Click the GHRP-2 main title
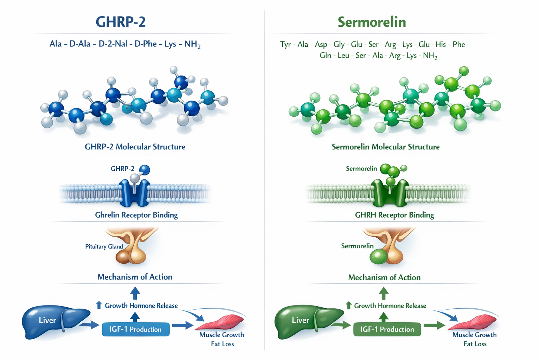click(121, 22)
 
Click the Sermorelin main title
click(372, 22)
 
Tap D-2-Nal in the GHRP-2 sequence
click(113, 44)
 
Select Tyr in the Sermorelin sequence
click(285, 44)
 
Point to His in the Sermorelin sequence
click(441, 44)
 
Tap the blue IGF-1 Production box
click(136, 329)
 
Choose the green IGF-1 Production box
click(387, 329)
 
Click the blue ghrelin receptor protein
click(134, 193)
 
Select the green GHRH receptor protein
click(390, 193)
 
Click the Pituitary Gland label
click(104, 246)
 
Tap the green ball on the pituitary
click(378, 257)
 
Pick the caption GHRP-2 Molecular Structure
click(135, 147)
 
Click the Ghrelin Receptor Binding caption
click(136, 215)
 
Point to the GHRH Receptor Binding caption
click(394, 215)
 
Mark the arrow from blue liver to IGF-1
click(89, 325)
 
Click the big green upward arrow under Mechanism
click(384, 293)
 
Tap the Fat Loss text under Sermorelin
click(475, 344)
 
